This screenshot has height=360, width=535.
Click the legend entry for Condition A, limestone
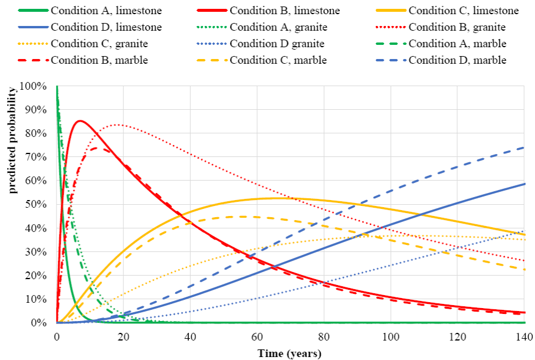(88, 11)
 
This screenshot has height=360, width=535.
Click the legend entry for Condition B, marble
(88, 60)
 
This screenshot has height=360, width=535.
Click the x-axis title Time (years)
(290, 353)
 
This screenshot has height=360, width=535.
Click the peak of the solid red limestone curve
(80, 121)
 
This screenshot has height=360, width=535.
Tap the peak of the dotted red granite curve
(117, 125)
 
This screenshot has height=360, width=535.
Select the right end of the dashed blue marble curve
(524, 148)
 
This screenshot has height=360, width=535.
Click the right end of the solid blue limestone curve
(524, 184)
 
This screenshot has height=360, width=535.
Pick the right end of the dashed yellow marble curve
(524, 269)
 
